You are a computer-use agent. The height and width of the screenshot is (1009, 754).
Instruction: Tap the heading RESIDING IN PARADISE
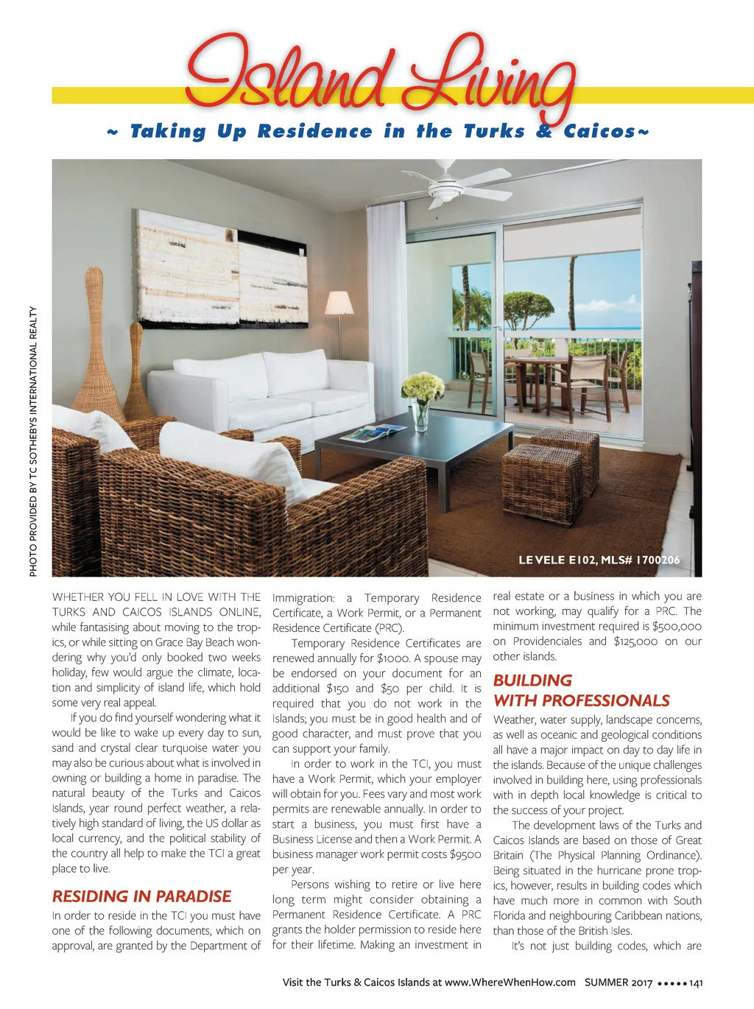(x=141, y=896)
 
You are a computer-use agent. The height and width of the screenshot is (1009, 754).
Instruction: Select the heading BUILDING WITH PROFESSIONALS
(x=581, y=691)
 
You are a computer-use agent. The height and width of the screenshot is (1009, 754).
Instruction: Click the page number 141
(x=696, y=982)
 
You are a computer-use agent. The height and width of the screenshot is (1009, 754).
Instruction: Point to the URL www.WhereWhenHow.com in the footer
(x=510, y=982)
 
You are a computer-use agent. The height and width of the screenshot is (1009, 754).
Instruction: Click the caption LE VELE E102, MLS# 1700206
(x=599, y=560)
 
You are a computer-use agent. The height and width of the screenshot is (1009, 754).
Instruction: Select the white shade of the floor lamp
(x=339, y=303)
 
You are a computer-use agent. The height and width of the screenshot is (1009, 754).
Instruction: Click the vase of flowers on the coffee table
(x=422, y=401)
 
